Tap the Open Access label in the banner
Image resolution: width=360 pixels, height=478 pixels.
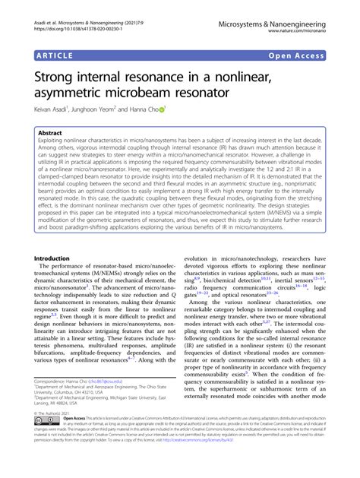(x=313, y=55)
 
